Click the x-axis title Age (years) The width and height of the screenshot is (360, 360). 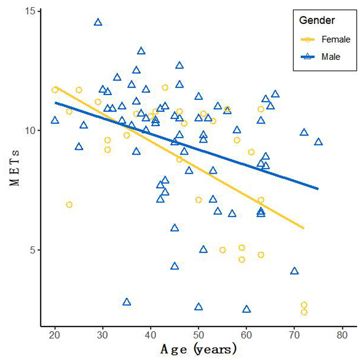[198, 349]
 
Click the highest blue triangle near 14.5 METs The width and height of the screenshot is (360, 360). [98, 22]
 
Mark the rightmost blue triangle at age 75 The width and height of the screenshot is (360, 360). [318, 142]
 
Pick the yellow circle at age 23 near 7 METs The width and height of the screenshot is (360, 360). [69, 205]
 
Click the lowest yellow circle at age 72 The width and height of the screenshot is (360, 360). [304, 312]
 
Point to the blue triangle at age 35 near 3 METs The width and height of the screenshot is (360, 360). [126, 302]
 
